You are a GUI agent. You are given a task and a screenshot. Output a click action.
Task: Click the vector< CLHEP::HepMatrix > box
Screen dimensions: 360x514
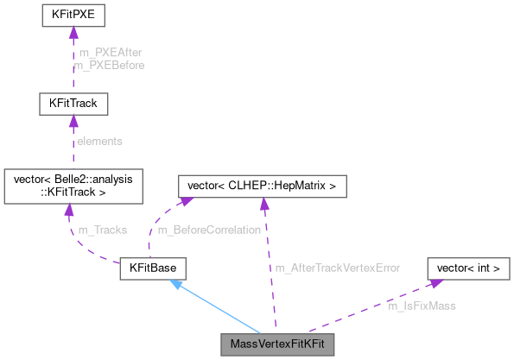262,186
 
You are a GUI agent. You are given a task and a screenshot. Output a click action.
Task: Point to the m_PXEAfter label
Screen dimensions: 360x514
110,54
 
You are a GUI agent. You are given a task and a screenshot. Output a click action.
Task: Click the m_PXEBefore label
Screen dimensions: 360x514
110,65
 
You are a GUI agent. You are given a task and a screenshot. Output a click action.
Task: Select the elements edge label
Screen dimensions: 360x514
100,141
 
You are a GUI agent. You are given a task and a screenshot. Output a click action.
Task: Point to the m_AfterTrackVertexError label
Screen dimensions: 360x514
338,268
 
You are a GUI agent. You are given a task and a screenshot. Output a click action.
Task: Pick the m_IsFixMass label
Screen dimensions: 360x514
422,306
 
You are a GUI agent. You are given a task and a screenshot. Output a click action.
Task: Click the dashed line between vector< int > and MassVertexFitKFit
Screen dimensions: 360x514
371,310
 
